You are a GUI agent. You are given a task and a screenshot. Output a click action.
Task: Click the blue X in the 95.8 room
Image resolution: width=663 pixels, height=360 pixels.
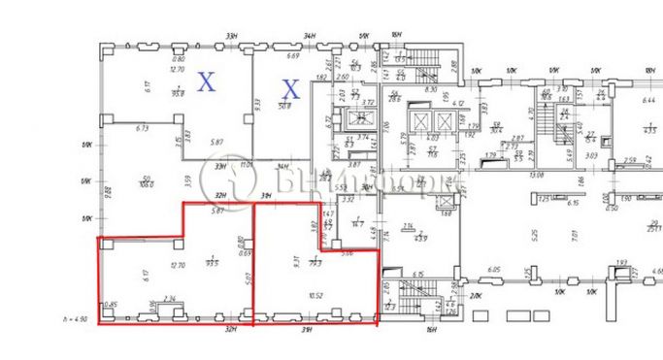(206, 82)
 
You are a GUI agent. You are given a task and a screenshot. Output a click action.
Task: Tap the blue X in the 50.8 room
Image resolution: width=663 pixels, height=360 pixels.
(289, 89)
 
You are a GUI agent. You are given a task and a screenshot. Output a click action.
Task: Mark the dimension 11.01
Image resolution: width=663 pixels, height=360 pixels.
(247, 166)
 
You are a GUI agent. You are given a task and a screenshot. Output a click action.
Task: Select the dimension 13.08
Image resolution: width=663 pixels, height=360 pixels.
(562, 176)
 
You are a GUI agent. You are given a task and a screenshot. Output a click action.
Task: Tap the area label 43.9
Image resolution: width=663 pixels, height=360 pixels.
(421, 238)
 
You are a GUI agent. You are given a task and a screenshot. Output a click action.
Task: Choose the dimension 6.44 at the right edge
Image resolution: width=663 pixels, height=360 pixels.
(649, 99)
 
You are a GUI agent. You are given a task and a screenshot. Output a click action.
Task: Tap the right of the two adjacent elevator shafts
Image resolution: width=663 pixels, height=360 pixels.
(445, 122)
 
